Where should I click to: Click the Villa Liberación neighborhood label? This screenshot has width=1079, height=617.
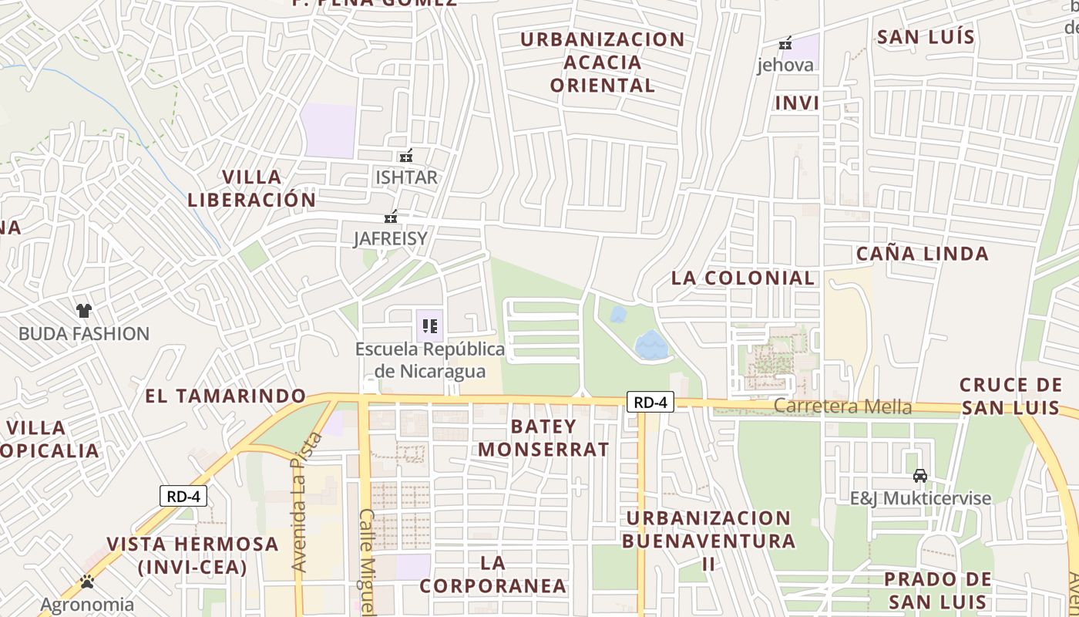click(x=251, y=188)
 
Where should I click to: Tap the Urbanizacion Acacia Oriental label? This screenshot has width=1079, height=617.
click(x=603, y=62)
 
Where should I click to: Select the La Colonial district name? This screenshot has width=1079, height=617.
click(x=742, y=278)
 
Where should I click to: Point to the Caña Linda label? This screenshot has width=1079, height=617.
click(x=922, y=253)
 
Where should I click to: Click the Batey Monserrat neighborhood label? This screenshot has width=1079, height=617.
click(x=549, y=437)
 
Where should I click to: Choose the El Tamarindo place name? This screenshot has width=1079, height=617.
click(x=226, y=396)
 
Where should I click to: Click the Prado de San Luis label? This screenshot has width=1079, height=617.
click(x=937, y=590)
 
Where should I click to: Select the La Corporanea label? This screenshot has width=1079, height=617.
click(x=492, y=574)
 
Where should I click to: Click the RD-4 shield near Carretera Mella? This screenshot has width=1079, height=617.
click(x=650, y=402)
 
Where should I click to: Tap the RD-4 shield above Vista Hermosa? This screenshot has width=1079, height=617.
click(x=183, y=496)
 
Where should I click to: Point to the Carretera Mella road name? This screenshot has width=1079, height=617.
click(x=842, y=406)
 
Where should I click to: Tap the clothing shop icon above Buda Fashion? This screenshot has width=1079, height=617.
click(x=84, y=311)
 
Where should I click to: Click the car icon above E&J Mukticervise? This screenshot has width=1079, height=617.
click(x=919, y=475)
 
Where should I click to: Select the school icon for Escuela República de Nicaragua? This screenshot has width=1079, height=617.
click(x=430, y=326)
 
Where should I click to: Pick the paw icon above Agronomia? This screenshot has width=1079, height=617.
click(x=87, y=582)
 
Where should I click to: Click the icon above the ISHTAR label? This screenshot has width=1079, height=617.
click(x=406, y=157)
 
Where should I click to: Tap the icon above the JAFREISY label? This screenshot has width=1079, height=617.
click(x=391, y=217)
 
